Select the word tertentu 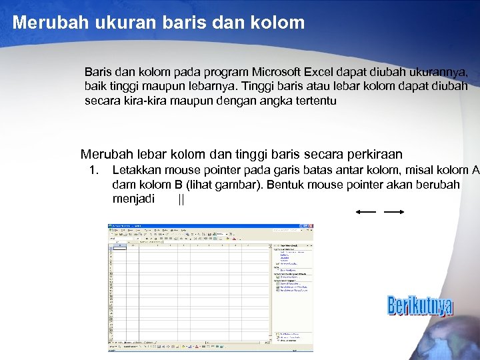313,101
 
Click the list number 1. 94,170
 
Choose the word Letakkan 136,170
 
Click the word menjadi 133,199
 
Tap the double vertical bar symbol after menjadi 181,199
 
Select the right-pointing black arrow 395,212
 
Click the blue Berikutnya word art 420,306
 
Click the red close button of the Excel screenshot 310,226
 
